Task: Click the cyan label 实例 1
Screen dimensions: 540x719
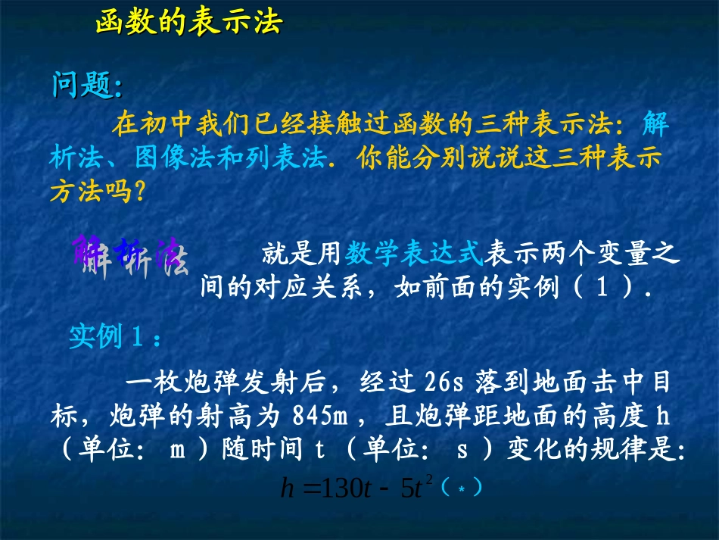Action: click(114, 336)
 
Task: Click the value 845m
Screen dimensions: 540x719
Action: click(319, 416)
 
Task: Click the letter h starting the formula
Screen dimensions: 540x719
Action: click(286, 489)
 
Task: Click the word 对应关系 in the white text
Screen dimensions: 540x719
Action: click(310, 289)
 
